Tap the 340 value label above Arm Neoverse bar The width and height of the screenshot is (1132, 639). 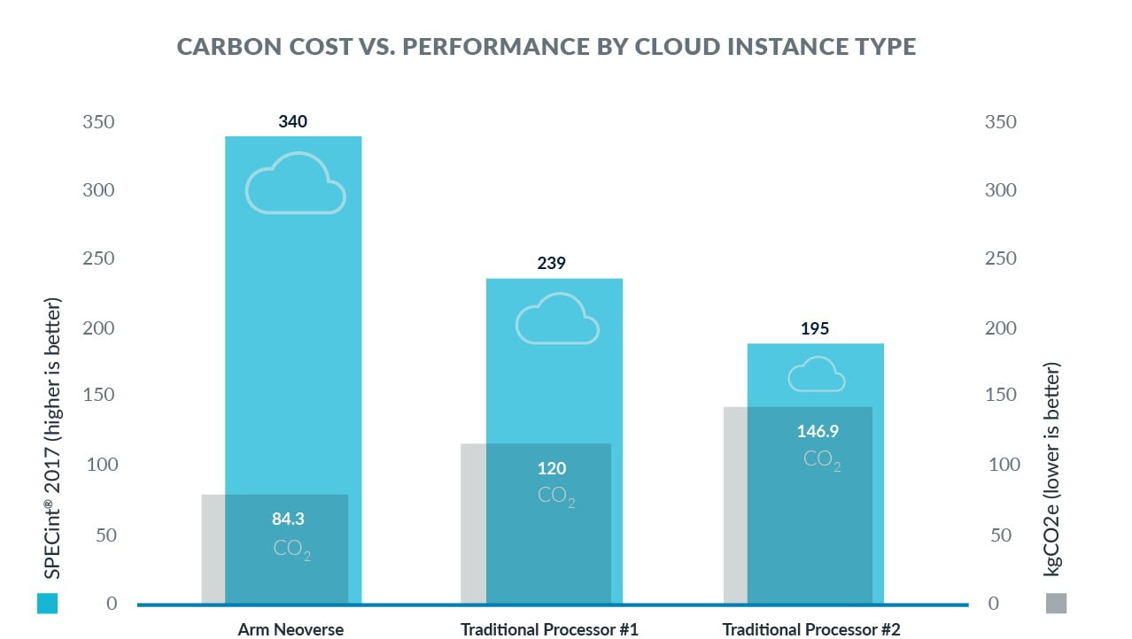pyautogui.click(x=292, y=121)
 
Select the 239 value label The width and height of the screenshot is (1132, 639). pyautogui.click(x=551, y=263)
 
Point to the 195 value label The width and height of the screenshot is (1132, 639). pyautogui.click(x=815, y=328)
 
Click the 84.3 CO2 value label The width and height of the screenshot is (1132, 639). pyautogui.click(x=288, y=519)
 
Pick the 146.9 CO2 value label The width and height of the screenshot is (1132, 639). pyautogui.click(x=818, y=431)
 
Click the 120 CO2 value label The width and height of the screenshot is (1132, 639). pyautogui.click(x=552, y=468)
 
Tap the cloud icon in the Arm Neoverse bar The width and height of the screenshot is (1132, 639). pyautogui.click(x=296, y=183)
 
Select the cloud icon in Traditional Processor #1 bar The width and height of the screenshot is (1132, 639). pyautogui.click(x=557, y=319)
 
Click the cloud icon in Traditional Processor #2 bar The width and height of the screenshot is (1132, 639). pyautogui.click(x=817, y=374)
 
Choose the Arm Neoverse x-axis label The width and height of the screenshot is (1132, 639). pyautogui.click(x=291, y=629)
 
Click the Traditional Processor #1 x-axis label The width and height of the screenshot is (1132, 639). pyautogui.click(x=549, y=629)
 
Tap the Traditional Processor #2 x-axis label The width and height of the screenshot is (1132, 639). pyautogui.click(x=811, y=629)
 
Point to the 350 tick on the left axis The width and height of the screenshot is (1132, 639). pyautogui.click(x=98, y=122)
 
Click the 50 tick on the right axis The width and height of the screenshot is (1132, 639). pyautogui.click(x=1001, y=535)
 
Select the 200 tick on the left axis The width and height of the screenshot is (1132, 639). pyautogui.click(x=98, y=327)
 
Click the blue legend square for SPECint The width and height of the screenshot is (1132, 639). pyautogui.click(x=48, y=603)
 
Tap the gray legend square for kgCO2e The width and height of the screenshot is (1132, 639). pyautogui.click(x=1056, y=603)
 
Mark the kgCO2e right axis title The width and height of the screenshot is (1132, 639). pyautogui.click(x=1051, y=469)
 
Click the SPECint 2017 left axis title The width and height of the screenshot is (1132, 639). pyautogui.click(x=52, y=438)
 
